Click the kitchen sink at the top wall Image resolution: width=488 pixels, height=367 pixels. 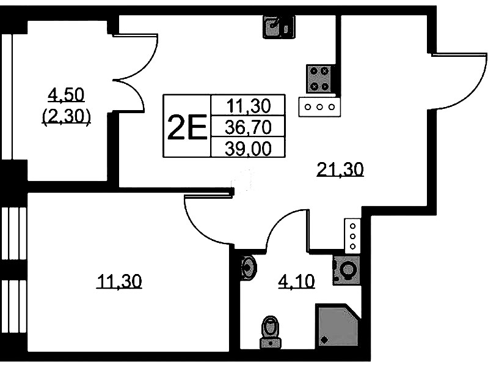point(279,27)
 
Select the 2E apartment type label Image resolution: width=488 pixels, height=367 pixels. point(186,127)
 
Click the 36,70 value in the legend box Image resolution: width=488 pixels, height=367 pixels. point(247,127)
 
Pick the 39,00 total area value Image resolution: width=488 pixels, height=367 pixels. point(247,147)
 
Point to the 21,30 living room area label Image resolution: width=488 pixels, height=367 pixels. point(340,168)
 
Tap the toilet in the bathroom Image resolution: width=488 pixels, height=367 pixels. point(269,332)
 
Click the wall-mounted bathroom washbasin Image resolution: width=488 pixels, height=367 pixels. point(248,267)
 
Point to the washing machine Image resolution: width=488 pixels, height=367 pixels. point(347,270)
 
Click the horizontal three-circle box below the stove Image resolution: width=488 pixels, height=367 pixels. point(319,106)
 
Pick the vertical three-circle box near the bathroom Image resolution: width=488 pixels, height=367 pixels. point(352,235)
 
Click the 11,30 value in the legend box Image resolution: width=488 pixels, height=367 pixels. point(247,106)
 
